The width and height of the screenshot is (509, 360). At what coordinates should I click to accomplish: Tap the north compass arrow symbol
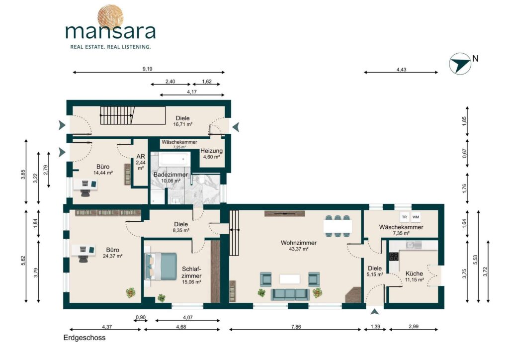coord(460,63)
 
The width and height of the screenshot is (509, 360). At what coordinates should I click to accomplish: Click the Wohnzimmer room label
coord(299,243)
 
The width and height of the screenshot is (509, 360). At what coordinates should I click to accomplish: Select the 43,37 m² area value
coord(299,249)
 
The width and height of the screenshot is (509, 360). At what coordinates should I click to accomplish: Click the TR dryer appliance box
coord(404,217)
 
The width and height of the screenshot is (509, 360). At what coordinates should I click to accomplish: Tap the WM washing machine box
coord(416,217)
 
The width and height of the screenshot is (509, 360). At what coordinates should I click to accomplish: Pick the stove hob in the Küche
coord(394,257)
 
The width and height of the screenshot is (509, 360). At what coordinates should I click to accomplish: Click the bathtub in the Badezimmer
coord(174,159)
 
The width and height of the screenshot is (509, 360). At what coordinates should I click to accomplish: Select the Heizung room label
coord(211,151)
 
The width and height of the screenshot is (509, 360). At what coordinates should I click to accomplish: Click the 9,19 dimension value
coord(147,69)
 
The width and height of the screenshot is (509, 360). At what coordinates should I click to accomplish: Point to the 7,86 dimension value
coord(296,327)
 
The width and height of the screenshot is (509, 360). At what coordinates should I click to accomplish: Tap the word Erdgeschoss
coord(85,338)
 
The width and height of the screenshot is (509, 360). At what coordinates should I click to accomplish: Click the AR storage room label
coord(141,157)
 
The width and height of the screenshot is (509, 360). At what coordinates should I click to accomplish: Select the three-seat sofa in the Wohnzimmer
coord(289,294)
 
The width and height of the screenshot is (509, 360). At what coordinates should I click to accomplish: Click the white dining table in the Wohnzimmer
coord(338,226)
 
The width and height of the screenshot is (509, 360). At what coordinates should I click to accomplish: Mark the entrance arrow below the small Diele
coord(375,312)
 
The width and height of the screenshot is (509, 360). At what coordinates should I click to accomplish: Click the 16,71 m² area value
coord(183,124)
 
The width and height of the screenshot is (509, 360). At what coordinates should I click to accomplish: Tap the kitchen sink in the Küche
coord(410,245)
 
